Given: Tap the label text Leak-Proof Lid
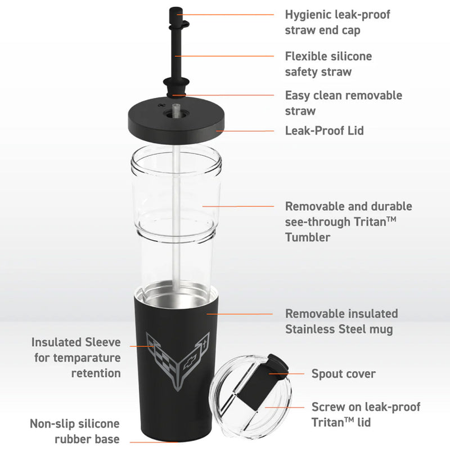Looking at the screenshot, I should pos(324,130).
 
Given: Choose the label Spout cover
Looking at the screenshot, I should pos(343,373).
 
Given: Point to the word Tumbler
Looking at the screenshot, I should pos(308,237).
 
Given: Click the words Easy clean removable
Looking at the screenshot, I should pos(343,95).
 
